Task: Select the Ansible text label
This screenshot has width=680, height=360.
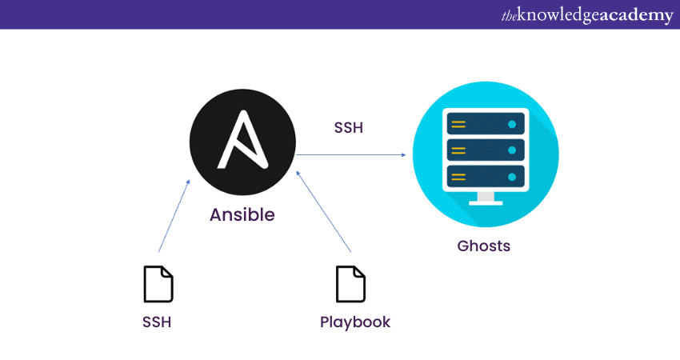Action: click(x=242, y=215)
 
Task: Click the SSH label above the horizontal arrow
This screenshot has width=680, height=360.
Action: click(x=349, y=127)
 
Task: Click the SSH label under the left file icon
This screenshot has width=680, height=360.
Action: click(x=158, y=322)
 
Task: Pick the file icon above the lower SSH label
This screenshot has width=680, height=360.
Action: click(x=158, y=284)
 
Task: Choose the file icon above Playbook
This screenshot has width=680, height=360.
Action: click(x=350, y=284)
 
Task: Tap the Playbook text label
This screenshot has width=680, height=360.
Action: click(x=355, y=322)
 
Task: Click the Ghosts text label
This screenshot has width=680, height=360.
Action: click(x=484, y=246)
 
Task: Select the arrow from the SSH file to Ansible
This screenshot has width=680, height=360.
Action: click(x=174, y=218)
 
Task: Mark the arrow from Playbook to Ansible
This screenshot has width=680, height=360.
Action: click(x=324, y=210)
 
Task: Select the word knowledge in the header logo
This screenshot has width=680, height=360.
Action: click(x=558, y=15)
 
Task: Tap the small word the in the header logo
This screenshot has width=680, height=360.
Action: click(x=510, y=15)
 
